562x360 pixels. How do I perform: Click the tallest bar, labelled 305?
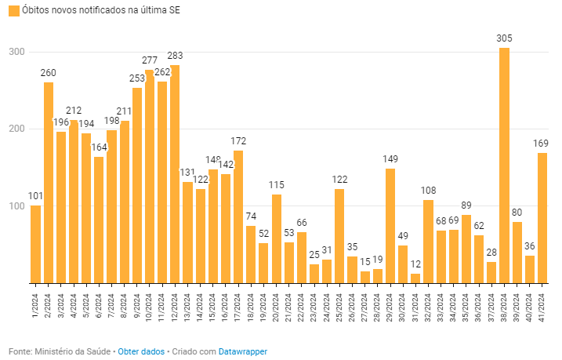click(504, 165)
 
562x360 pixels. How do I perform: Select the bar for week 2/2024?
click(49, 182)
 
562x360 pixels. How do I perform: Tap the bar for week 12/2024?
click(174, 173)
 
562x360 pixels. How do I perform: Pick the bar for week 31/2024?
click(415, 278)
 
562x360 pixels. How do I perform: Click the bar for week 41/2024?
click(542, 217)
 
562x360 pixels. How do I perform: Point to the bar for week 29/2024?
click(390, 225)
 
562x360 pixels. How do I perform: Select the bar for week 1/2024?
click(36, 243)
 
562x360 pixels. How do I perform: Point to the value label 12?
click(415, 264)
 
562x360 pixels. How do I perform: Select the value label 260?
click(49, 73)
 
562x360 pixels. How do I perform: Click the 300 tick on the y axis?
click(16, 52)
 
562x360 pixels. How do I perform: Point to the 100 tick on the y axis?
click(16, 205)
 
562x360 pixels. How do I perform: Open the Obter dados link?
click(141, 351)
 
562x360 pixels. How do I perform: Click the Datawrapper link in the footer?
click(242, 351)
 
